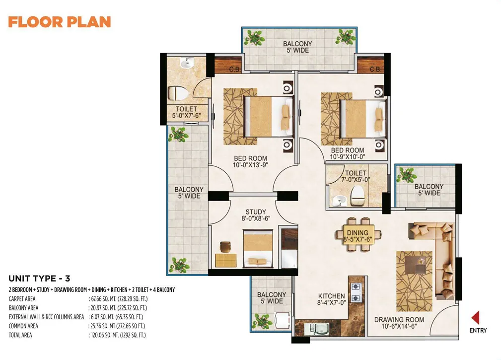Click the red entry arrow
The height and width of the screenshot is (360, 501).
coord(476,318)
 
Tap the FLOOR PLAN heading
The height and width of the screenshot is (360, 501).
coord(60,22)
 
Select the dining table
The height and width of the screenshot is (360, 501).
coord(358,235)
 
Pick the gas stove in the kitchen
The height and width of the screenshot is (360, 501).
coord(356,292)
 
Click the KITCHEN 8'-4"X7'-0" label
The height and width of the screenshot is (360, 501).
coord(331,299)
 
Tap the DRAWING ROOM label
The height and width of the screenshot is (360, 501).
coord(399,319)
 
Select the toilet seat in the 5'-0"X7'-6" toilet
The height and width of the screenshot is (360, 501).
coord(177,93)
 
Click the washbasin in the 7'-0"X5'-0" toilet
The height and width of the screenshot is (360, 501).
coord(338,201)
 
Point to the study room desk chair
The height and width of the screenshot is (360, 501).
coord(225,247)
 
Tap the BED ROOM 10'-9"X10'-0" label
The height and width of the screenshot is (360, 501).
coord(348,153)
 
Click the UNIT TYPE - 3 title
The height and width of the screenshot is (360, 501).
coord(39,279)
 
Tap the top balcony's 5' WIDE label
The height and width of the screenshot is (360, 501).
coord(298,50)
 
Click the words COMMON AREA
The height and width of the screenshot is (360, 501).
coord(23,326)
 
